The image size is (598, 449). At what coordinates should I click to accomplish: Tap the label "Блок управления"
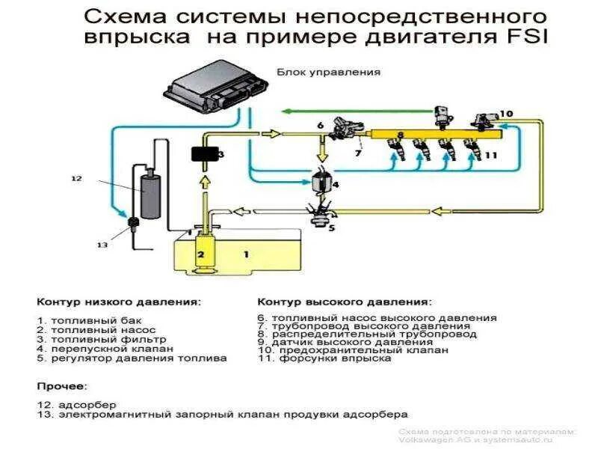pyautogui.click(x=329, y=73)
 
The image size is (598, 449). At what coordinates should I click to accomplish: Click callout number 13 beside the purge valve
pyautogui.click(x=102, y=245)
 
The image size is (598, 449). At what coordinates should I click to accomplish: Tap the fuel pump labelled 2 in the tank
pyautogui.click(x=201, y=253)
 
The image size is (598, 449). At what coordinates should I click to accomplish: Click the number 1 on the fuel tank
pyautogui.click(x=245, y=254)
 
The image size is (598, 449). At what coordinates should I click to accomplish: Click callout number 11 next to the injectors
pyautogui.click(x=490, y=155)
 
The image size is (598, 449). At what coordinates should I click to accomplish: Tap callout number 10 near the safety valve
pyautogui.click(x=506, y=114)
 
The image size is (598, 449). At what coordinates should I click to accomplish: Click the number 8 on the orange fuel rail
pyautogui.click(x=401, y=135)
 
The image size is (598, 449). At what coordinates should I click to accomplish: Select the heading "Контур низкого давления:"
pyautogui.click(x=119, y=303)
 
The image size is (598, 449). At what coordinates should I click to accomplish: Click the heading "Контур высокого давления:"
pyautogui.click(x=344, y=303)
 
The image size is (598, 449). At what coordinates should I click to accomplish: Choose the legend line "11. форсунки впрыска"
pyautogui.click(x=324, y=358)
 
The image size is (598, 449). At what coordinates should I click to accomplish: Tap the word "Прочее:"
pyautogui.click(x=62, y=386)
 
